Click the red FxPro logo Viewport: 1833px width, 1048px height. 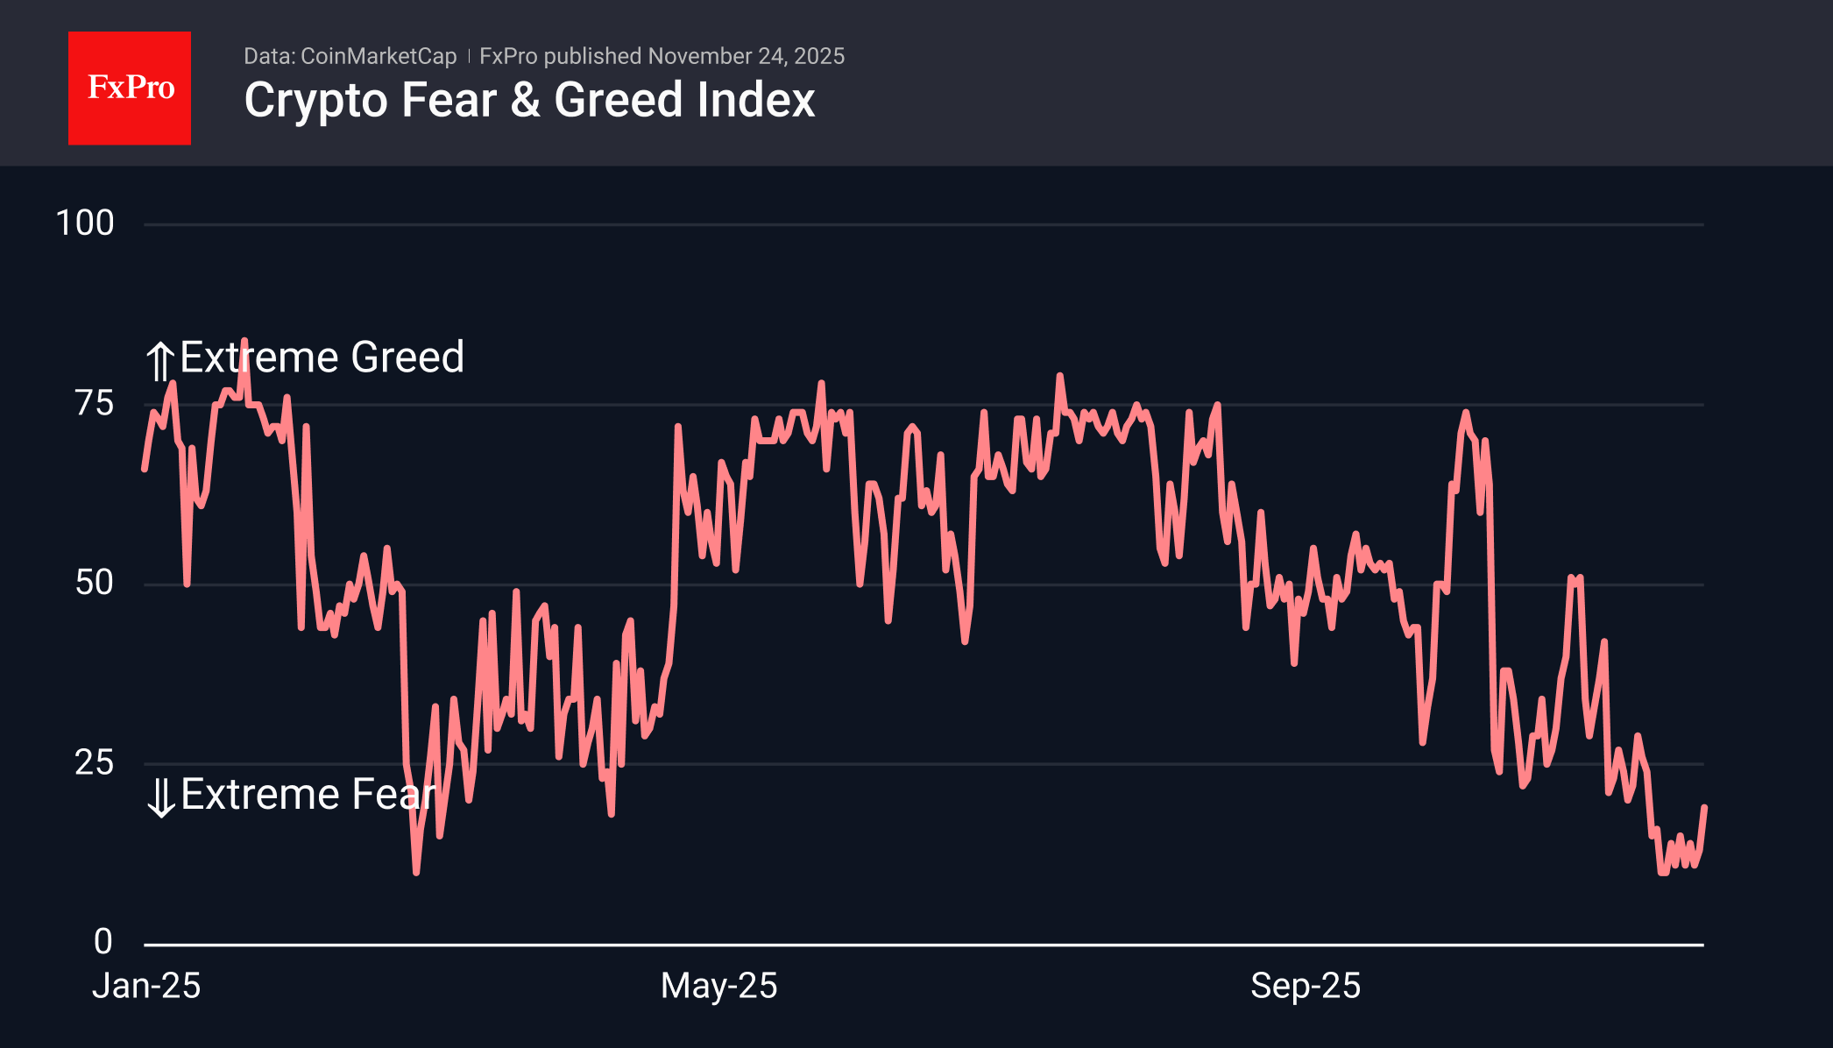point(130,88)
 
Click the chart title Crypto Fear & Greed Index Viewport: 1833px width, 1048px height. point(529,100)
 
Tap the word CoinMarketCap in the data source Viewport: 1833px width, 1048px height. point(379,56)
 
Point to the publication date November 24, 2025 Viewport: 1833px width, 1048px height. point(746,56)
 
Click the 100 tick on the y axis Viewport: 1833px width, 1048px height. point(85,223)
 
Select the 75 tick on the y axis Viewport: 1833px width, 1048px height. point(95,404)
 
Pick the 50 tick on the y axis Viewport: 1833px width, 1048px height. point(95,583)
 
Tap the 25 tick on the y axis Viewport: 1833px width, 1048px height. point(95,762)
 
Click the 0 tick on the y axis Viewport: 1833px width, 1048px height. point(103,942)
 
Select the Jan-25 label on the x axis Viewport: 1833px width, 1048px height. point(146,986)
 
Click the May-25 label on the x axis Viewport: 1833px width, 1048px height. point(718,986)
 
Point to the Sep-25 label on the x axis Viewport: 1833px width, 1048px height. point(1305,986)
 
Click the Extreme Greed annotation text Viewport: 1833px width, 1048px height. point(322,358)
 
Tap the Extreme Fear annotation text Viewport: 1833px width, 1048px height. point(308,795)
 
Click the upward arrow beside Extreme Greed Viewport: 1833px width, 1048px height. point(159,361)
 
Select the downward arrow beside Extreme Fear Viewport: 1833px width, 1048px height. point(160,797)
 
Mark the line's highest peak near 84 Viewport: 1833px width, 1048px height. point(244,341)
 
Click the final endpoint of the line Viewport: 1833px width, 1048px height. point(1704,807)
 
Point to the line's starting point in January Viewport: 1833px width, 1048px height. point(145,470)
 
